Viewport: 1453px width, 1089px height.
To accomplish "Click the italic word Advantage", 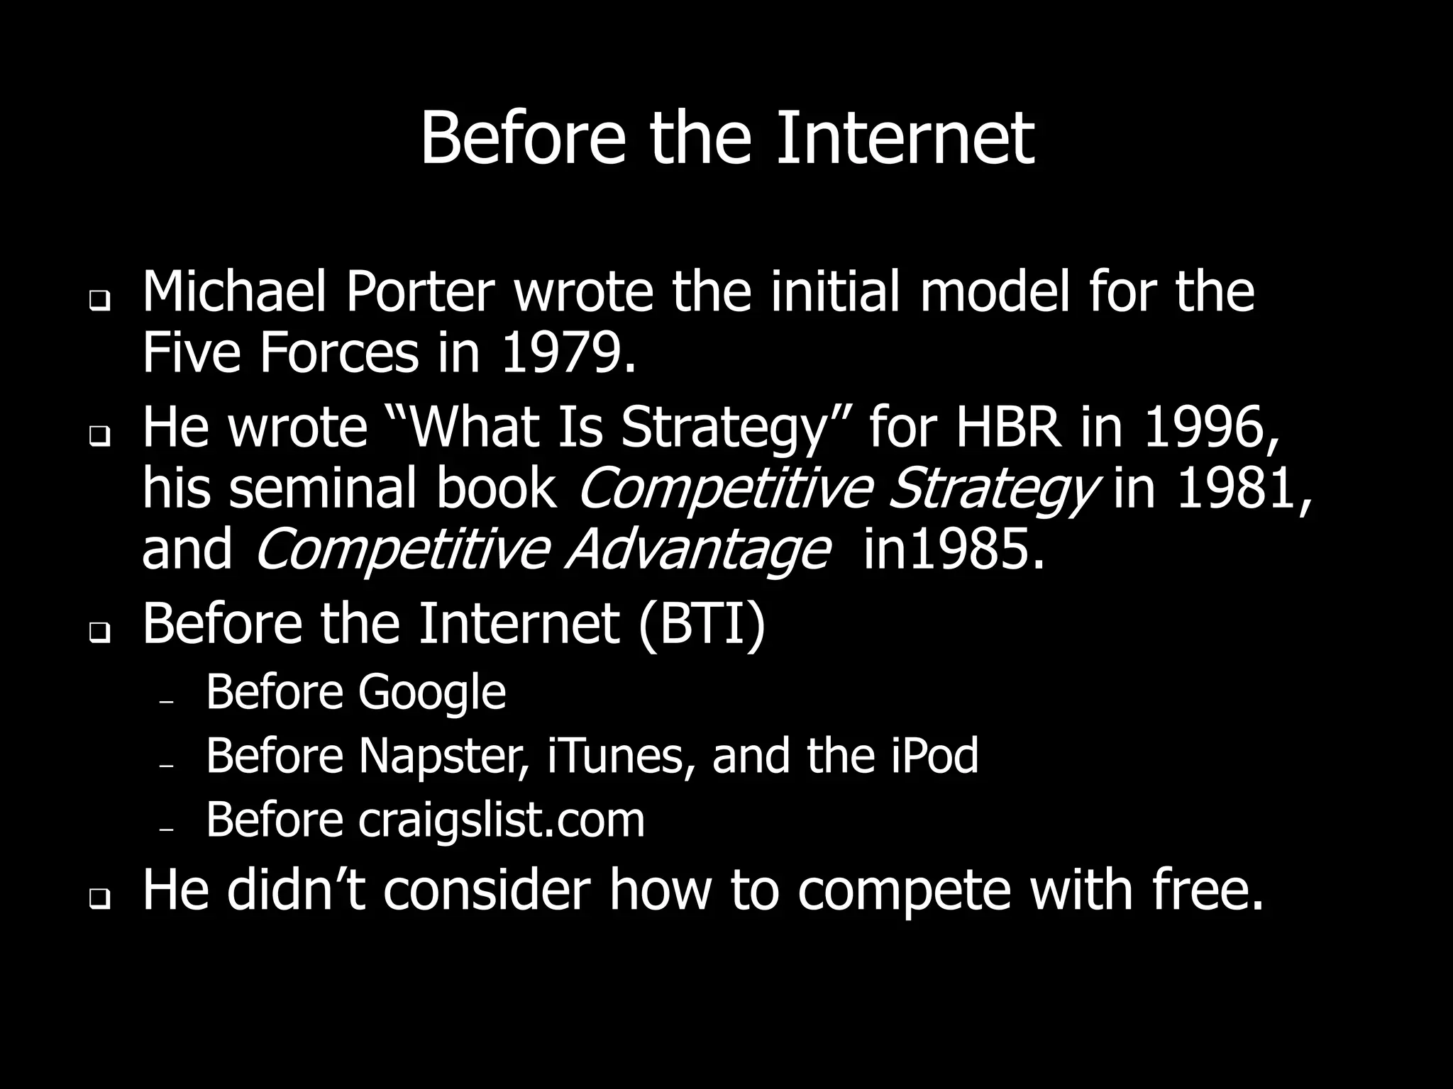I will pos(697,550).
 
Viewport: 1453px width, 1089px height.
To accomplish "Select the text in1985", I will pos(954,550).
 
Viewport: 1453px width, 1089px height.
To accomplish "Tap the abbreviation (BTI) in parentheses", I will pos(702,622).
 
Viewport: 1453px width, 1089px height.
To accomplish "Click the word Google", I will pos(431,692).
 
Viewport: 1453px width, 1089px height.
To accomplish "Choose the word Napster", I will pos(444,756).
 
